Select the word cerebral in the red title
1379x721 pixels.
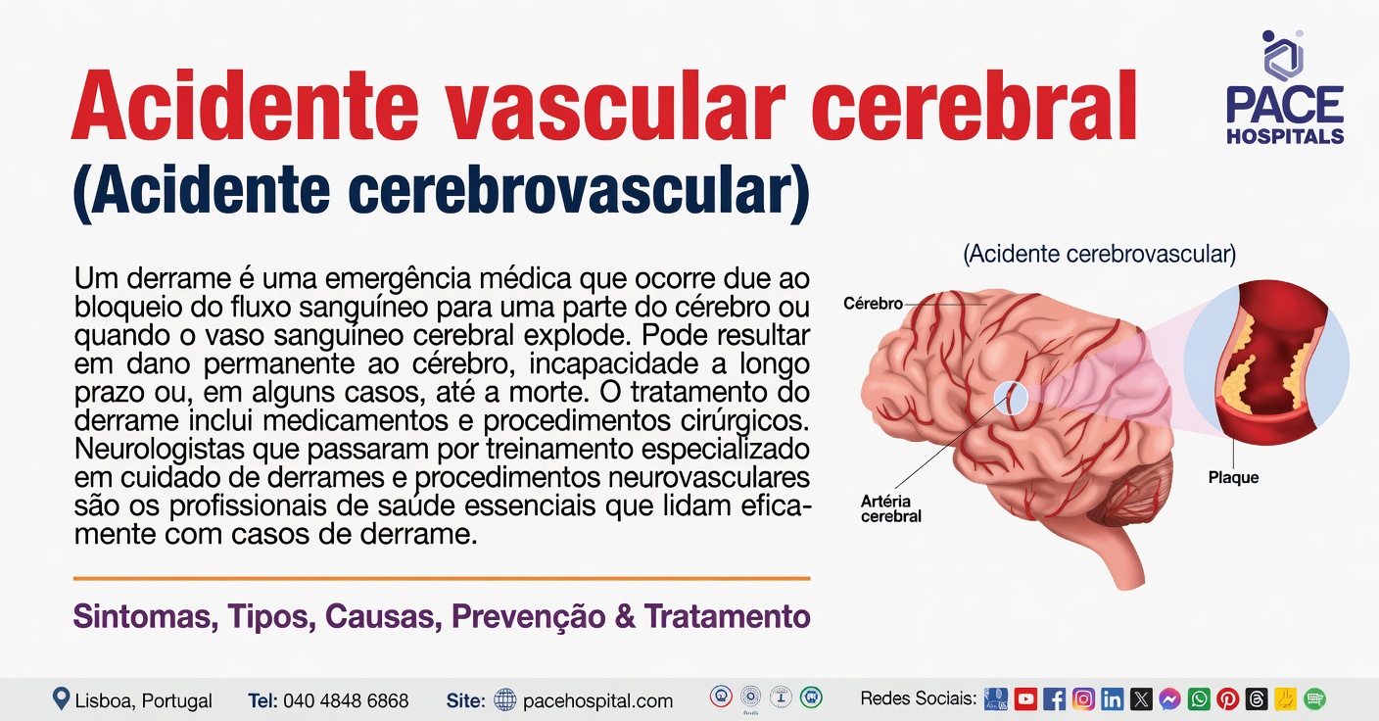pyautogui.click(x=974, y=107)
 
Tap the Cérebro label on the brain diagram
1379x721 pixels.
pyautogui.click(x=873, y=304)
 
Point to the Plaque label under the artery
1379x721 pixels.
pyautogui.click(x=1233, y=477)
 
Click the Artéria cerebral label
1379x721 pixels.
pyautogui.click(x=890, y=508)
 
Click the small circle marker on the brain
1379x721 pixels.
pyautogui.click(x=1010, y=397)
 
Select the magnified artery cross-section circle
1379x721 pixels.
pyautogui.click(x=1266, y=362)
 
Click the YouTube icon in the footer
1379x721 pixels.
pyautogui.click(x=1025, y=699)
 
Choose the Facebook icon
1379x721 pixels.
pyautogui.click(x=1055, y=699)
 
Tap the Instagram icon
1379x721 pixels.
pyautogui.click(x=1083, y=699)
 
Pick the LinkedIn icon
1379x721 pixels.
pyautogui.click(x=1112, y=699)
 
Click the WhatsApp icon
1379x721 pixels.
pyautogui.click(x=1199, y=699)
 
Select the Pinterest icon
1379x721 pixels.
pyautogui.click(x=1227, y=699)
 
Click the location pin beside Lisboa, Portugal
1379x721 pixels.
pyautogui.click(x=62, y=698)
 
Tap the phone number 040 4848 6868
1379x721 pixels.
pyautogui.click(x=346, y=700)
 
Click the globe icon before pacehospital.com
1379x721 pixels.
pyautogui.click(x=504, y=699)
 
